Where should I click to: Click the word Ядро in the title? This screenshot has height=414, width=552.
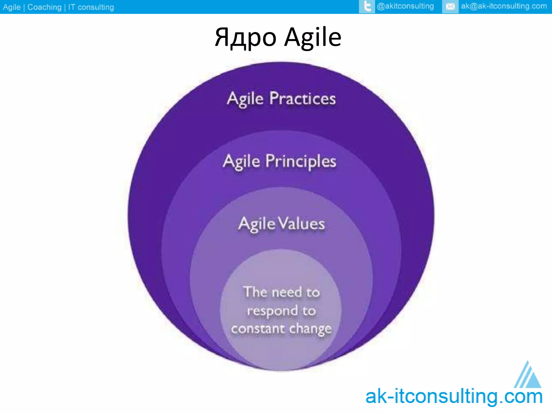(246, 38)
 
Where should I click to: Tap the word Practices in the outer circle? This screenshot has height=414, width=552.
(302, 98)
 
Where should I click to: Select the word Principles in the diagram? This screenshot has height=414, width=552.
(301, 161)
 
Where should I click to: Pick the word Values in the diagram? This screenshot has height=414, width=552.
(301, 224)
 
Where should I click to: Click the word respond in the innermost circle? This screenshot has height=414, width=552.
(272, 311)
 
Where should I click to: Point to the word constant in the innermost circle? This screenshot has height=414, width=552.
(258, 329)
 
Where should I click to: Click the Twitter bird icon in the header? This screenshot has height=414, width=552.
(367, 6)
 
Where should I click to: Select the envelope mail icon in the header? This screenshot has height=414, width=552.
(450, 6)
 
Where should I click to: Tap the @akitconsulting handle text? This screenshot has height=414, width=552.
(405, 6)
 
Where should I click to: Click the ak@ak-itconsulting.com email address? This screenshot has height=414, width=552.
(504, 6)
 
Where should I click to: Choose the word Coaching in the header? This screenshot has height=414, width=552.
(44, 7)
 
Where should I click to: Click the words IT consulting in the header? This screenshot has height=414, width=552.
(91, 7)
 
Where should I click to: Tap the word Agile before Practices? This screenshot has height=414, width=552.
(245, 99)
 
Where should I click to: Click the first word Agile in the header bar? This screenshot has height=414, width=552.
(12, 7)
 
